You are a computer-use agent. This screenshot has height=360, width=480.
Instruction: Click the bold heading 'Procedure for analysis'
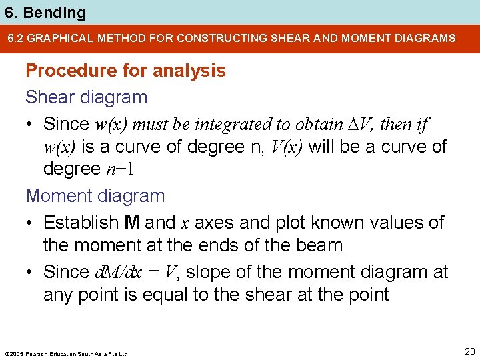pyautogui.click(x=125, y=71)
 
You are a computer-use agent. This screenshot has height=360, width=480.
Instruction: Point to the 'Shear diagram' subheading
pyautogui.click(x=86, y=97)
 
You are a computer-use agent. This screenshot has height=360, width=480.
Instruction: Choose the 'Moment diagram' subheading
pyautogui.click(x=95, y=196)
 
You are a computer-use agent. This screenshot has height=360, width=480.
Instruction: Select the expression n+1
pyautogui.click(x=121, y=169)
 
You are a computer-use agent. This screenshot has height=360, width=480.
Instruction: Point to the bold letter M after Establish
pyautogui.click(x=132, y=223)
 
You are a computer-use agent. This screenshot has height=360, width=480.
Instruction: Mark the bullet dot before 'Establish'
pyautogui.click(x=31, y=223)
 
